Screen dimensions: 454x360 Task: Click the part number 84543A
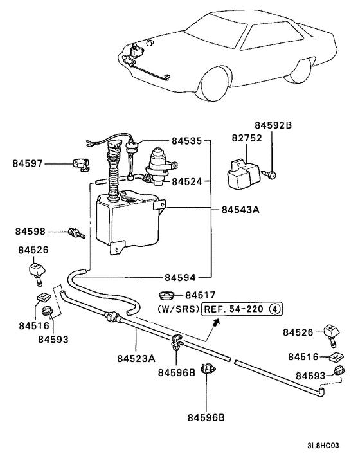[240, 210]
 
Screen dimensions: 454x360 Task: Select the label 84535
[186, 140]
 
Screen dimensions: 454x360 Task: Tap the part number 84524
[186, 182]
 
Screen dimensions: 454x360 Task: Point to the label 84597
[28, 164]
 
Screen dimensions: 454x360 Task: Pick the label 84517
[201, 295]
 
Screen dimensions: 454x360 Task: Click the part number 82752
[246, 138]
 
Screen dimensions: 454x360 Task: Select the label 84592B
[273, 125]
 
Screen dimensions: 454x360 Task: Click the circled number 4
[275, 309]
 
